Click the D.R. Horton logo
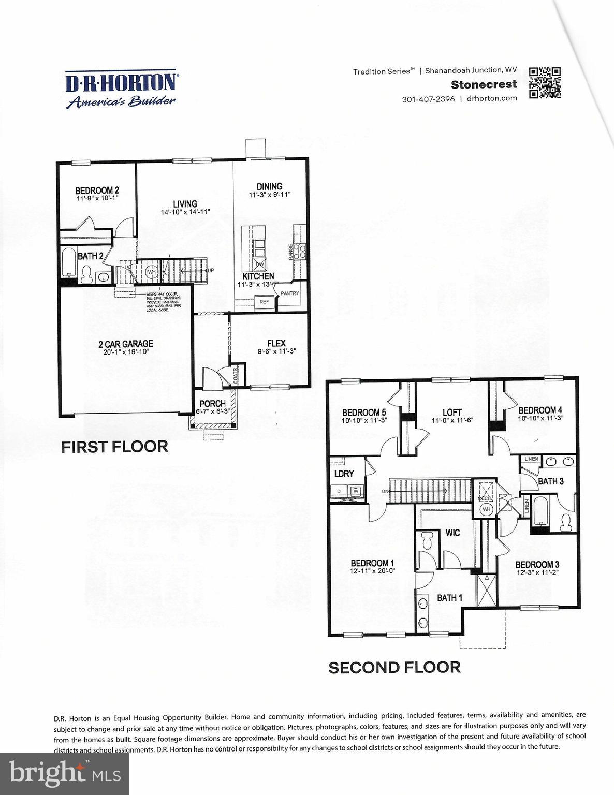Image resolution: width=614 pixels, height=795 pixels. (121, 89)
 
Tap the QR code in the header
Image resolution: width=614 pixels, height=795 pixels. (545, 82)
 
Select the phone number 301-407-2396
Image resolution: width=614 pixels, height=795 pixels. (428, 98)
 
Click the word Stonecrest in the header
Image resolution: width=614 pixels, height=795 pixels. (484, 84)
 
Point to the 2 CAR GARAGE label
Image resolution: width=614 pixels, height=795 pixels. (126, 344)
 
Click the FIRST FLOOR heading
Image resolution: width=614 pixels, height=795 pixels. (114, 447)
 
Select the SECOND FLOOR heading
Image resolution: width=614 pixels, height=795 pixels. (394, 667)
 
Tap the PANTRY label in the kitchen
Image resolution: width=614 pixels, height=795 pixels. (290, 293)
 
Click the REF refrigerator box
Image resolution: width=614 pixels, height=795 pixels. (264, 302)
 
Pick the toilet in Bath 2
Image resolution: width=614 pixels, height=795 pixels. (86, 274)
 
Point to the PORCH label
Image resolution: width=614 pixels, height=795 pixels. (212, 403)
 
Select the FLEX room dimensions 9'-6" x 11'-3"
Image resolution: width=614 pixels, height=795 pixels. (276, 351)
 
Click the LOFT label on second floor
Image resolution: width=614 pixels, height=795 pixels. (452, 412)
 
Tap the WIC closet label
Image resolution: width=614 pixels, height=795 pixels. (452, 533)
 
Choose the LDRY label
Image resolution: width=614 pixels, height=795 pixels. (344, 473)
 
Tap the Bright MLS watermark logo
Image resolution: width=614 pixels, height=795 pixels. (65, 774)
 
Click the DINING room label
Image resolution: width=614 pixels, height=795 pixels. (269, 186)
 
